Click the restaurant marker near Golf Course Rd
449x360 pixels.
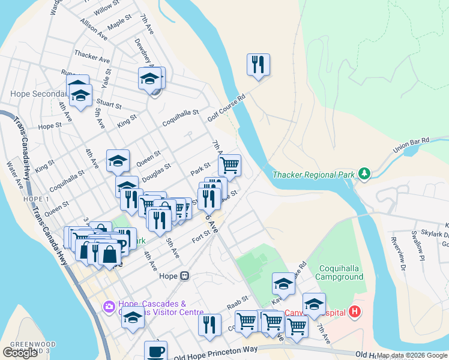[x=258, y=65]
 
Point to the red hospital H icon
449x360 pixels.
[x=355, y=312]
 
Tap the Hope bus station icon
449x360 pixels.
[x=185, y=277]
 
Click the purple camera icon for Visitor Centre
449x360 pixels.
[x=109, y=307]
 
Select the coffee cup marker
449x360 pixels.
[x=156, y=351]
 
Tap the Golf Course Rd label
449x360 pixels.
[x=227, y=109]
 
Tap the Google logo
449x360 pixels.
[x=20, y=353]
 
